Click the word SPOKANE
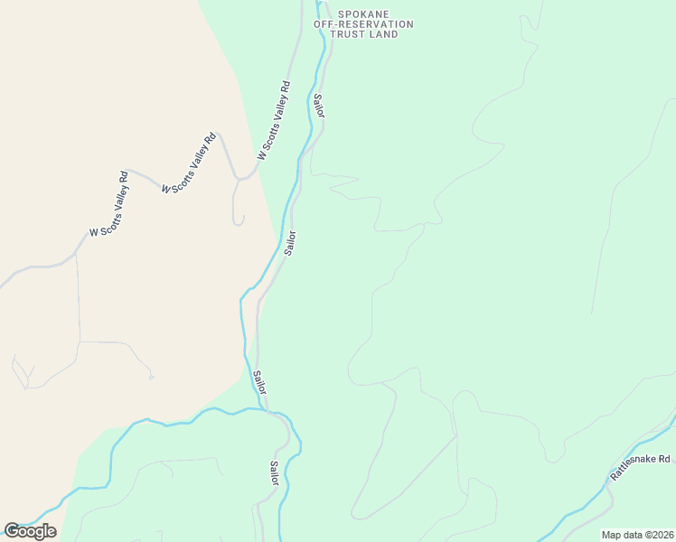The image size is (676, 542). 362,14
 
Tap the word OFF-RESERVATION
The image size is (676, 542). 363,24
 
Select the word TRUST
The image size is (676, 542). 349,34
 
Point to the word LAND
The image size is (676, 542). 384,34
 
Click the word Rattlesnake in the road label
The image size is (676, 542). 629,468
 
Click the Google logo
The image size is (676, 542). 30,530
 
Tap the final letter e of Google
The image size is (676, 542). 52,531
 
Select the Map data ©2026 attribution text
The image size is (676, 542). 637,534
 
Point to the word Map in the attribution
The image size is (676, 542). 612,534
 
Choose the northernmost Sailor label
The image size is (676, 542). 318,105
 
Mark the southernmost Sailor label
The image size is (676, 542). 274,474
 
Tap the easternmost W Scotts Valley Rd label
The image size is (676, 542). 273,122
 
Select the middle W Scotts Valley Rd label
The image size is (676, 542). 190,163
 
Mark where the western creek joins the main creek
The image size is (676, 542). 268,411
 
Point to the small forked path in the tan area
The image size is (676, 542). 23,372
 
